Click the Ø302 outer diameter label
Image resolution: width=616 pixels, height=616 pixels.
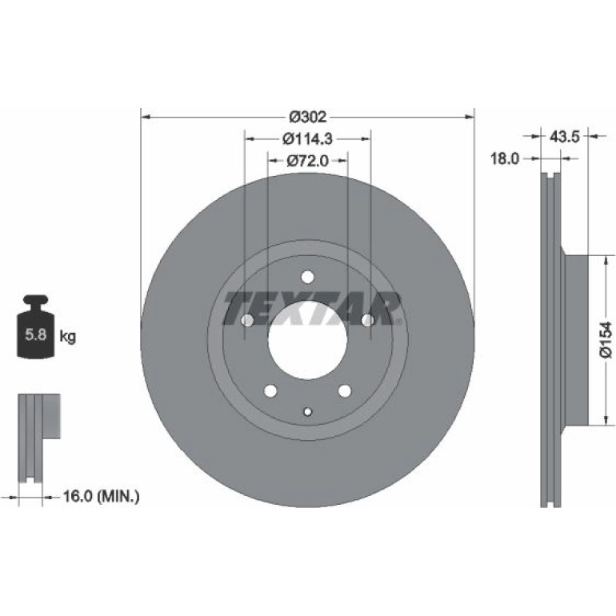308,117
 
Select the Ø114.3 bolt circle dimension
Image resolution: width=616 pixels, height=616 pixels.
308,138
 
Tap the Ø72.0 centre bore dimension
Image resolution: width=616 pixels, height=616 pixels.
308,161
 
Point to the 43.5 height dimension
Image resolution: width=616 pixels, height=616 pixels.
565,137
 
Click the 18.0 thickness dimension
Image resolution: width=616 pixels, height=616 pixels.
505,158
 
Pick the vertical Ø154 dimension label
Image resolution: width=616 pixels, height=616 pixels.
606,340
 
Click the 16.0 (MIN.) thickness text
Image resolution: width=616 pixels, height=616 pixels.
101,497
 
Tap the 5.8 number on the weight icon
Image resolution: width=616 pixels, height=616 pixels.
36,334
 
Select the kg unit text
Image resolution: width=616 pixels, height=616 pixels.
67,337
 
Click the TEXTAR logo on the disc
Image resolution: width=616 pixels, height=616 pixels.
312,308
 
